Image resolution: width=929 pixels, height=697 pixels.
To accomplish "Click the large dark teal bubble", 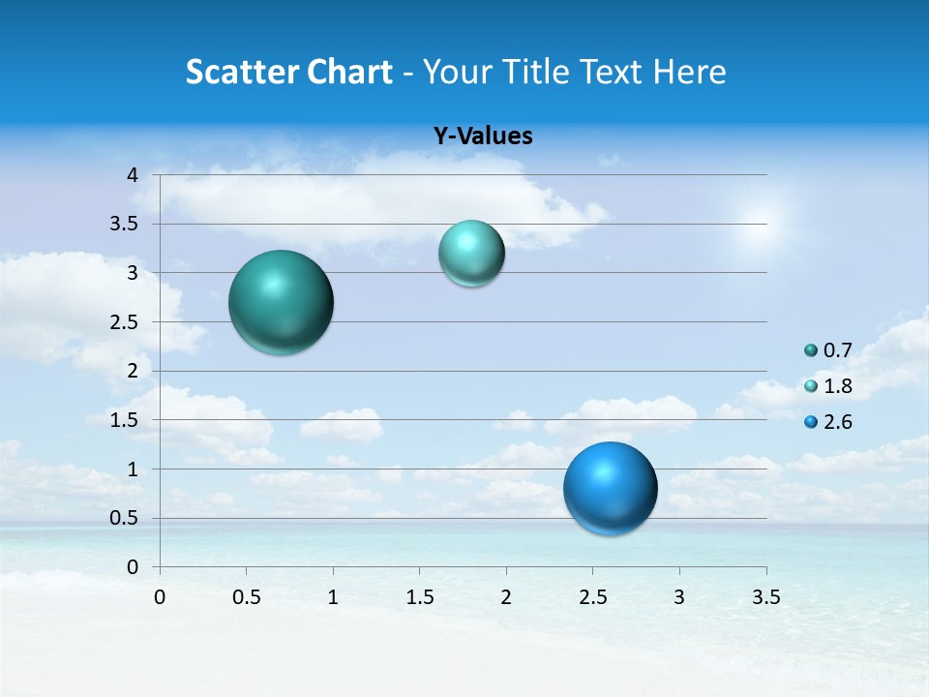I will pyautogui.click(x=282, y=302).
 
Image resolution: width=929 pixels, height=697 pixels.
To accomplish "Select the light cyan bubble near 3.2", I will pyautogui.click(x=471, y=253).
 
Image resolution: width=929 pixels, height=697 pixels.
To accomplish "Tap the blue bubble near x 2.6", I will pyautogui.click(x=610, y=488).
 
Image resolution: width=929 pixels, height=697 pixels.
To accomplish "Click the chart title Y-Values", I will pyautogui.click(x=483, y=136).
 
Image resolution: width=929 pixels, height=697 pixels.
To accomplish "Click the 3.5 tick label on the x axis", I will pyautogui.click(x=765, y=597).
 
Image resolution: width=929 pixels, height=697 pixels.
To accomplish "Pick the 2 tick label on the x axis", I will pyautogui.click(x=506, y=597).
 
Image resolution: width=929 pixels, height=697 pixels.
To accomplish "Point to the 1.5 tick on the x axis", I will pyautogui.click(x=419, y=597).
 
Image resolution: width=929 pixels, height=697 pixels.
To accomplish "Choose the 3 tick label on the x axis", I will pyautogui.click(x=679, y=597).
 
